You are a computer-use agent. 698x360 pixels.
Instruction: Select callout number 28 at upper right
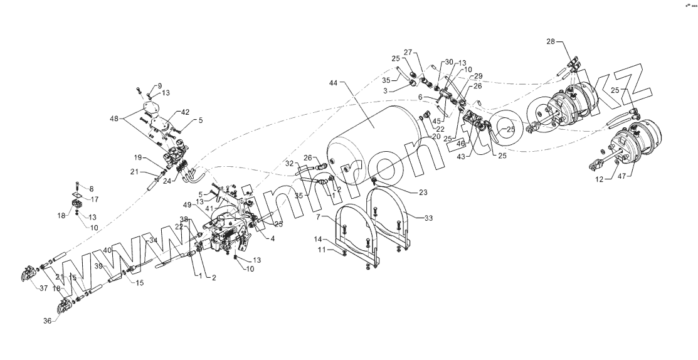(550, 41)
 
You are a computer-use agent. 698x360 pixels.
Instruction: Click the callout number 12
(598, 179)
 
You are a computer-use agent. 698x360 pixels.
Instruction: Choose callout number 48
(114, 118)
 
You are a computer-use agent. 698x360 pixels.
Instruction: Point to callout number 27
(407, 51)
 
